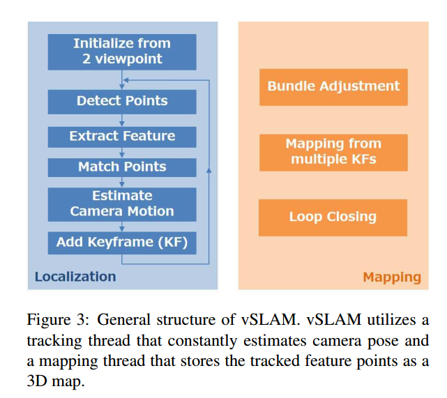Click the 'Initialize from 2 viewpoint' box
pyautogui.click(x=121, y=51)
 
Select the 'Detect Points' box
pyautogui.click(x=121, y=101)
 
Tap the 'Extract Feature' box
pyautogui.click(x=121, y=136)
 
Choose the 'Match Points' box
pyautogui.click(x=121, y=167)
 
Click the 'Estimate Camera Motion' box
pyautogui.click(x=121, y=203)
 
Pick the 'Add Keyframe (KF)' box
pyautogui.click(x=121, y=243)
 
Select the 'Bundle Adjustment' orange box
pyautogui.click(x=333, y=86)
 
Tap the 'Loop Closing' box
pyautogui.click(x=333, y=217)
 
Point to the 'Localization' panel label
pyautogui.click(x=75, y=277)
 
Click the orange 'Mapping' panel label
pyautogui.click(x=391, y=277)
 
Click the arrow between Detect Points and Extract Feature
pyautogui.click(x=122, y=120)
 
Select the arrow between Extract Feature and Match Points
pyautogui.click(x=122, y=153)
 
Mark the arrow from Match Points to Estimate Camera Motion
pyautogui.click(x=122, y=181)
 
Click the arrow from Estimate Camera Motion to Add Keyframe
pyautogui.click(x=122, y=226)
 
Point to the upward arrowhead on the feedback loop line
pyautogui.click(x=209, y=170)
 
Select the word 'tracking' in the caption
pyautogui.click(x=50, y=341)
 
